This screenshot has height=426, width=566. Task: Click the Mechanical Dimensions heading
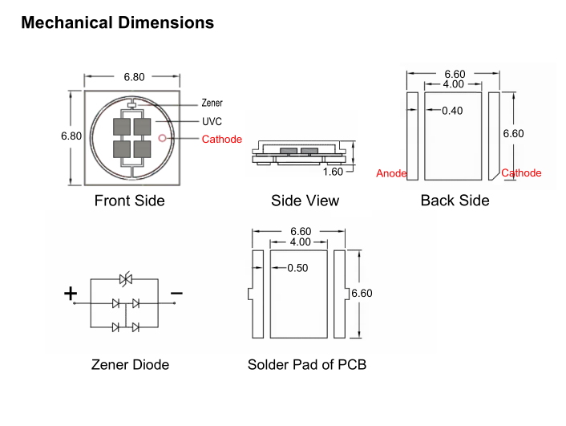tap(117, 22)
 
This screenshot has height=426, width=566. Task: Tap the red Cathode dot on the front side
tap(162, 138)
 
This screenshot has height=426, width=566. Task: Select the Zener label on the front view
tap(212, 103)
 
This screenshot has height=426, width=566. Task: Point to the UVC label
tap(212, 122)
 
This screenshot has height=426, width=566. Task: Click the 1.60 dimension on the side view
tap(333, 172)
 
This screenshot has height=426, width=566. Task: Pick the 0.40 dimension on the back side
tap(452, 111)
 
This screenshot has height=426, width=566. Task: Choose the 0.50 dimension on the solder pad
tap(297, 268)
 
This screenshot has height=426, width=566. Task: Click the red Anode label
tap(391, 173)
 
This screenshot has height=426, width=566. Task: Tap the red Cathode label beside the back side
tap(521, 173)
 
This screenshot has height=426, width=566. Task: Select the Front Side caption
tap(129, 201)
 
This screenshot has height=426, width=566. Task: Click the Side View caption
tap(305, 201)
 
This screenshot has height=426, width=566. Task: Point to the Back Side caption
tap(455, 201)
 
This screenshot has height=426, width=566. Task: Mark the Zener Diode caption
tap(130, 365)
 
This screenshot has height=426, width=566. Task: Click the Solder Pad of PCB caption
tap(306, 365)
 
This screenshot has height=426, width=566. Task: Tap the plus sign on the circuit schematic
tap(71, 294)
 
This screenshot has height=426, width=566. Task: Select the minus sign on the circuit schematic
tap(176, 294)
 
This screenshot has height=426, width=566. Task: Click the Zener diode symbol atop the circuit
tap(124, 279)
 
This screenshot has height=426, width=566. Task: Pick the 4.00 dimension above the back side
tap(454, 84)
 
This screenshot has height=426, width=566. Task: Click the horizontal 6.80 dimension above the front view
tap(134, 77)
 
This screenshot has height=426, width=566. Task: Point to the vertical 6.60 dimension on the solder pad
tap(362, 294)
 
